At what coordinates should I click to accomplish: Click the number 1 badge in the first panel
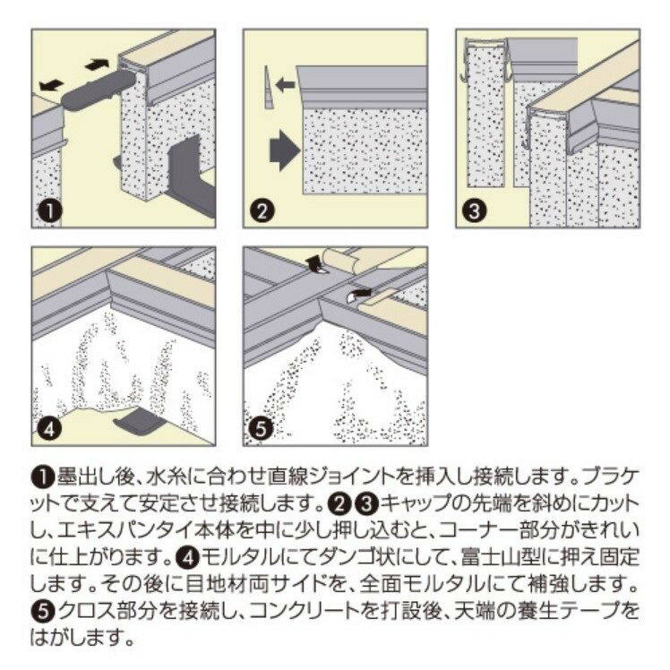coord(50,210)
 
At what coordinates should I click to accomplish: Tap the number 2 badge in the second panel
coord(262,210)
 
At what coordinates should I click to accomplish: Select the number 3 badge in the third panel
coord(474,210)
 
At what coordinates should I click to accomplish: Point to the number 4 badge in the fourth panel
coord(50,428)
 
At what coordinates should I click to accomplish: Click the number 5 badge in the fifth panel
coord(261,428)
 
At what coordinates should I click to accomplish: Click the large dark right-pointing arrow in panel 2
coord(285,150)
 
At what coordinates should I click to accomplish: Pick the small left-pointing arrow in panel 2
coord(286,84)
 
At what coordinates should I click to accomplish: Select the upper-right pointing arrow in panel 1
coord(97,65)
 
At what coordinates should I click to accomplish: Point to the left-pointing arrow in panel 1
coord(51,85)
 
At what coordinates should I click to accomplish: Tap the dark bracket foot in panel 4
coord(140,420)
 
